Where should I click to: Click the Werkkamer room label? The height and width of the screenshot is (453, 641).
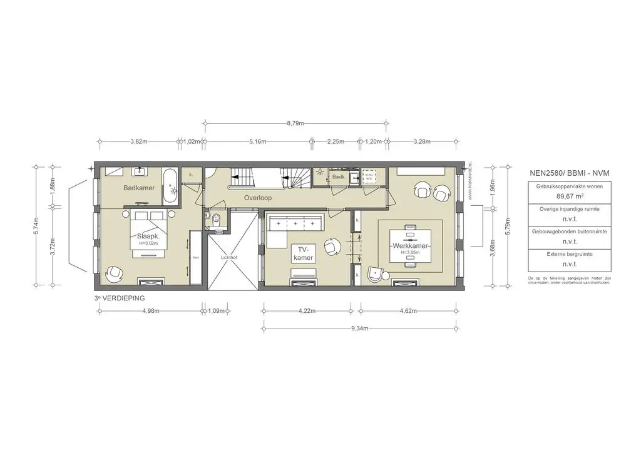410,246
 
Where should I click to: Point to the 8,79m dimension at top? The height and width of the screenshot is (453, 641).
295,123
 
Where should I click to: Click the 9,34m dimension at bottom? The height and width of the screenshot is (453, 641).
359,328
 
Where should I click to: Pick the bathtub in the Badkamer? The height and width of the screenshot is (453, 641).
170,186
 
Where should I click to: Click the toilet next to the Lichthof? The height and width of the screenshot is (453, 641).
215,218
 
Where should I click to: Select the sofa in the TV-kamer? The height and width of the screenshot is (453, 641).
293,223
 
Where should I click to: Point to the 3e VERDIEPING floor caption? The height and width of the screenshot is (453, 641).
120,298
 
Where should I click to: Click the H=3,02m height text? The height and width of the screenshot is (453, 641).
148,243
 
